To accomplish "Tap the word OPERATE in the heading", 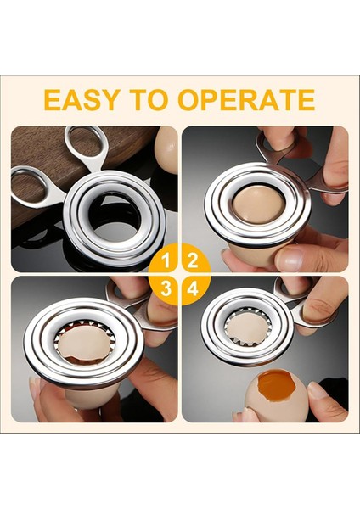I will coord(246,100).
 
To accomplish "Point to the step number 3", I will coord(167,288).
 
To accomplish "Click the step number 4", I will coord(193,288).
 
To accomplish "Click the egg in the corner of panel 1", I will coord(166,148).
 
